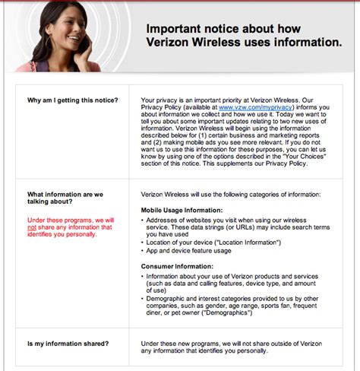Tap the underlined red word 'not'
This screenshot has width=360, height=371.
[31, 227]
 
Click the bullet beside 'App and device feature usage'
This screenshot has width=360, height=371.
[144, 249]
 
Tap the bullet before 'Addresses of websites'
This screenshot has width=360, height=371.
[144, 218]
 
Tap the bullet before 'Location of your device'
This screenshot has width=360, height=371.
[144, 241]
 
